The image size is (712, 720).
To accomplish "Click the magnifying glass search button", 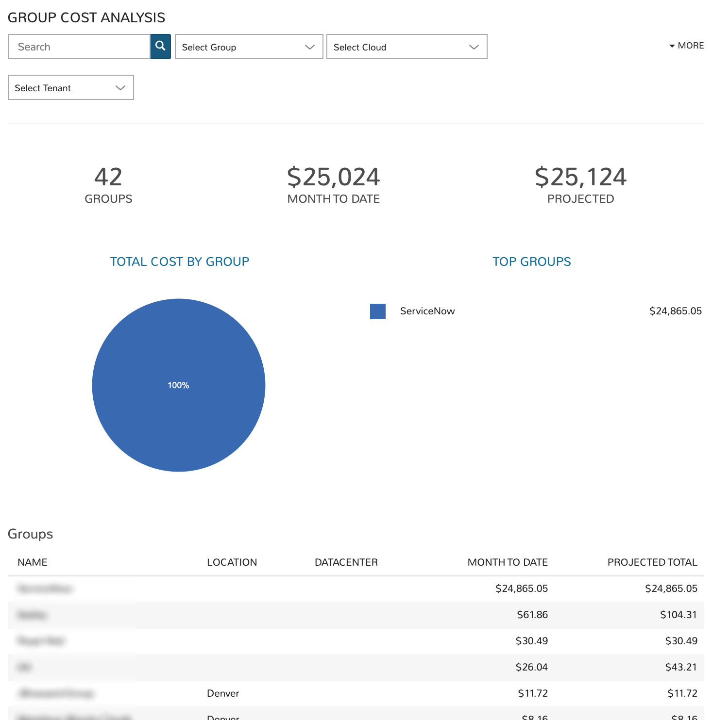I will [x=160, y=47].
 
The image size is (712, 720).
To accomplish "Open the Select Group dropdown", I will [x=249, y=47].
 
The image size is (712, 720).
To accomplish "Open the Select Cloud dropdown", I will [x=407, y=47].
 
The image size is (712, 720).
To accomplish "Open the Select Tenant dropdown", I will [x=71, y=87].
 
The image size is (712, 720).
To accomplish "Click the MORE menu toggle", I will [x=686, y=46].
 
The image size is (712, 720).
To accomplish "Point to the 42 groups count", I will [x=108, y=177].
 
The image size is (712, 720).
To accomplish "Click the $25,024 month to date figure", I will [x=333, y=177].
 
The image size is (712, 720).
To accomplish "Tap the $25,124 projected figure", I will [x=580, y=177].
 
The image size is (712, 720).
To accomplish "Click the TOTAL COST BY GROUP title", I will [x=179, y=262].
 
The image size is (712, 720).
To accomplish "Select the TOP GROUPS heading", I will [x=531, y=262].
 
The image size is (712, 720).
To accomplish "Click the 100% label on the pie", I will [x=178, y=385].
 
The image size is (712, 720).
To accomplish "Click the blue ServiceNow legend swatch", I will [x=377, y=311].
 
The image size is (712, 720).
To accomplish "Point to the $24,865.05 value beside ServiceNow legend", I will [x=675, y=311].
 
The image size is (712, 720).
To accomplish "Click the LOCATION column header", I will [x=232, y=562].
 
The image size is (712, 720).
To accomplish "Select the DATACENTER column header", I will [x=346, y=562].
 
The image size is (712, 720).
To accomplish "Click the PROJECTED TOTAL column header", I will [x=652, y=562].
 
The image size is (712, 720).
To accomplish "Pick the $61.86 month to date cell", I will [x=532, y=615].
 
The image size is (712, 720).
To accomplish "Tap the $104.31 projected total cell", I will [x=678, y=615].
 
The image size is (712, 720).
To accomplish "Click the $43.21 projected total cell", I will [x=680, y=667].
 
